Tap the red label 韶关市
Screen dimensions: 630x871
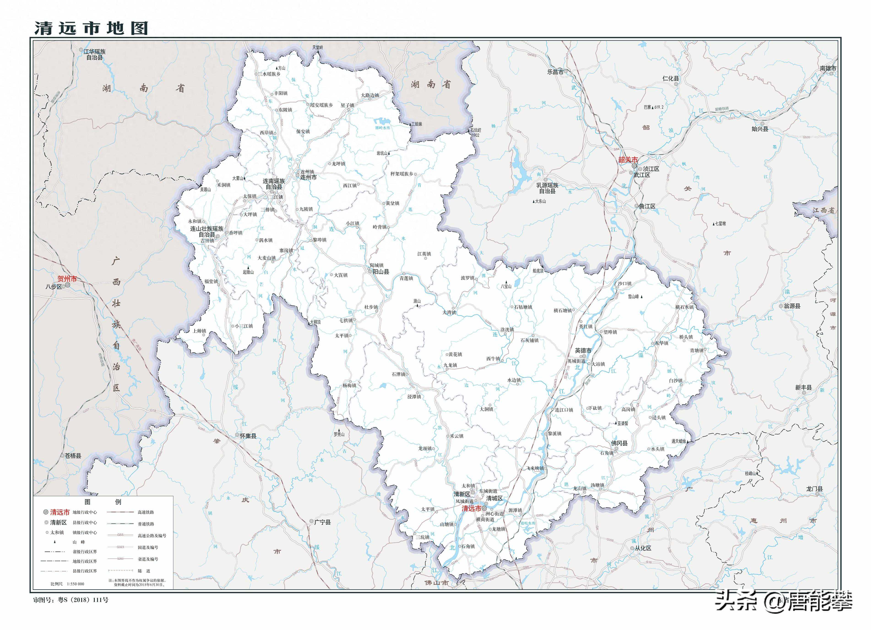(x=627, y=160)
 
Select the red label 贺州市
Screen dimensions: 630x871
(x=67, y=279)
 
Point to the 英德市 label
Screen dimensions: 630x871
(x=583, y=351)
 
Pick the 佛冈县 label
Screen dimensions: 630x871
(x=619, y=443)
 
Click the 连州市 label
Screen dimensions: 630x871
(x=308, y=178)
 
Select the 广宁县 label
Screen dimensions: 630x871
(x=322, y=522)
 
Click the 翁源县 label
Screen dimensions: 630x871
(x=792, y=306)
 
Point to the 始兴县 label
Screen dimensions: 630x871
(x=760, y=129)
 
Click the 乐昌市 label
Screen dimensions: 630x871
(x=555, y=72)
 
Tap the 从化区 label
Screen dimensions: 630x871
(x=643, y=548)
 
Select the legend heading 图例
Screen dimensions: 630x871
(x=103, y=502)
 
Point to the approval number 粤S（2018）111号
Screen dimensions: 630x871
(x=83, y=600)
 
